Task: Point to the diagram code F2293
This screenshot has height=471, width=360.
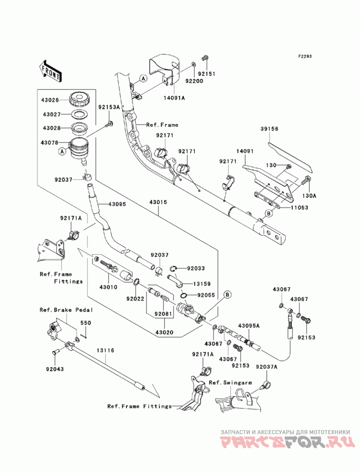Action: (x=305, y=56)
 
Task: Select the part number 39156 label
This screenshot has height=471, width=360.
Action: (x=269, y=129)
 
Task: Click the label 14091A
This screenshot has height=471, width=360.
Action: (x=174, y=97)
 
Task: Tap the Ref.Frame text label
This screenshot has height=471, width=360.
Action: (x=162, y=125)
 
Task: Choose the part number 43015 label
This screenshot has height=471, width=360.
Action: (x=158, y=202)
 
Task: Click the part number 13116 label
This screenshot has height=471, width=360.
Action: (x=105, y=350)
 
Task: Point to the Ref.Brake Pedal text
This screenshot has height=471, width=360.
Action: (x=67, y=310)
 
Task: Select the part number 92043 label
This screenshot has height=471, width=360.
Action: (x=55, y=369)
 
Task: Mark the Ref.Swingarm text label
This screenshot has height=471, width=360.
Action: (x=230, y=383)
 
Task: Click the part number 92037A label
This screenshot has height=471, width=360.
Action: (x=266, y=367)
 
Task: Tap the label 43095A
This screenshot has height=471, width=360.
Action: (x=249, y=326)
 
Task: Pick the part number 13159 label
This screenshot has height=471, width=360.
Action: (x=202, y=283)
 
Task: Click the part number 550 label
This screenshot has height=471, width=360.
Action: (x=85, y=323)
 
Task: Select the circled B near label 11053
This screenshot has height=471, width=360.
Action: (x=268, y=214)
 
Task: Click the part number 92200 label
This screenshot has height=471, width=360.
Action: (x=194, y=81)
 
